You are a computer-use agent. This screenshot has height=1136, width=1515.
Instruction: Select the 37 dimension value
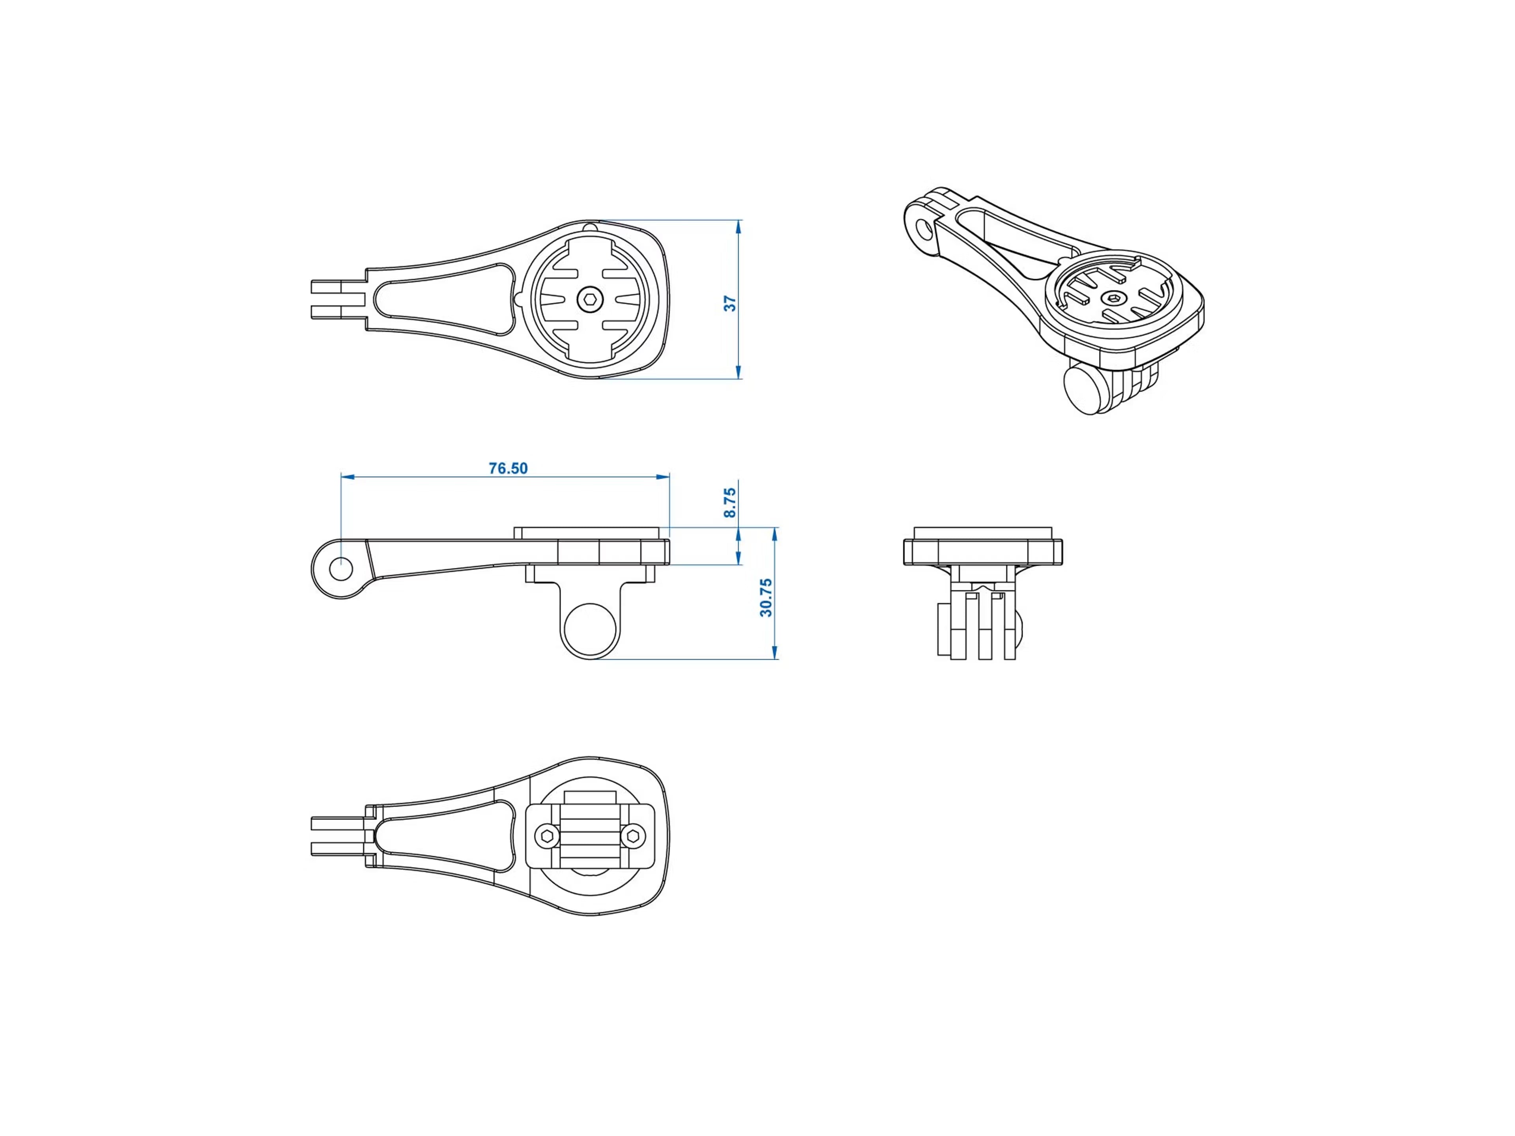[730, 303]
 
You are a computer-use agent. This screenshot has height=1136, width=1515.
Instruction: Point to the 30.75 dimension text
[766, 597]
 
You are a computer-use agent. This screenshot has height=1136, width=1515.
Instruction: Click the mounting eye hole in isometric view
[925, 229]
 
